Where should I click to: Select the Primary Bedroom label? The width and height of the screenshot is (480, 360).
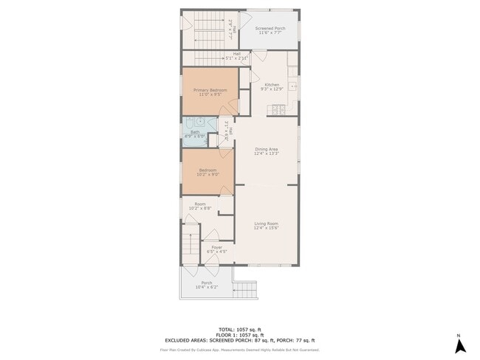coord(210,92)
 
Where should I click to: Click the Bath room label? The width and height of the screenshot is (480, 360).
coord(195,134)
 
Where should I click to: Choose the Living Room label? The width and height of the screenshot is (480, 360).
coord(266,224)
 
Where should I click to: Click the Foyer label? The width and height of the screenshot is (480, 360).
coord(216,249)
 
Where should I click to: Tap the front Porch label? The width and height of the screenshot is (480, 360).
coord(207,284)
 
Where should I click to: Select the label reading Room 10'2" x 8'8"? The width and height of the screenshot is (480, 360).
coord(199,206)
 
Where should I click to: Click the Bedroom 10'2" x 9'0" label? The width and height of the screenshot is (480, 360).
coord(207,173)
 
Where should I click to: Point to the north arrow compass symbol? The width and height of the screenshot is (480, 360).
coord(459,344)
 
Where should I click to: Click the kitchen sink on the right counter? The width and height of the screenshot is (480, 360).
coord(294,87)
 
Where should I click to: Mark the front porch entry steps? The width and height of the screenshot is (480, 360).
coord(246,290)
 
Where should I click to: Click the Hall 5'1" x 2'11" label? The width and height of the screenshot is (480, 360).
coord(237,55)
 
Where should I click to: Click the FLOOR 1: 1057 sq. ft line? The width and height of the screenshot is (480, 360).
coord(239,334)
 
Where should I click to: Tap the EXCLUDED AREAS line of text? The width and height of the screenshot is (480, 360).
coord(239,340)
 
